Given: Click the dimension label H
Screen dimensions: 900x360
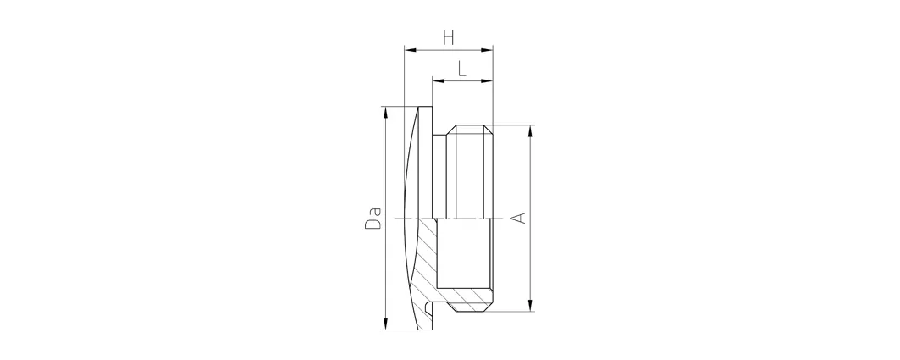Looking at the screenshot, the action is click(x=449, y=38).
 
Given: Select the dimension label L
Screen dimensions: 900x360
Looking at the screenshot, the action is click(x=462, y=69).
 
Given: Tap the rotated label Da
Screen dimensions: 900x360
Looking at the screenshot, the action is click(x=373, y=217).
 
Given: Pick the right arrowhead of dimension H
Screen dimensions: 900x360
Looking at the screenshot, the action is click(x=488, y=51).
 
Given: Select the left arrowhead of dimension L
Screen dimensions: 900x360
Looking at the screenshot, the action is click(x=439, y=81).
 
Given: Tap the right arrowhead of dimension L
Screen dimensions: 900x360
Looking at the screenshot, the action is click(x=488, y=81).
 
